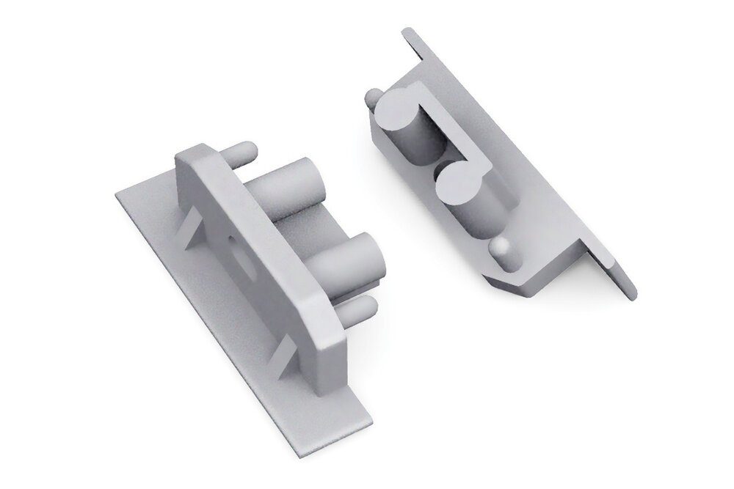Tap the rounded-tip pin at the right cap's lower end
click(x=502, y=253)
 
